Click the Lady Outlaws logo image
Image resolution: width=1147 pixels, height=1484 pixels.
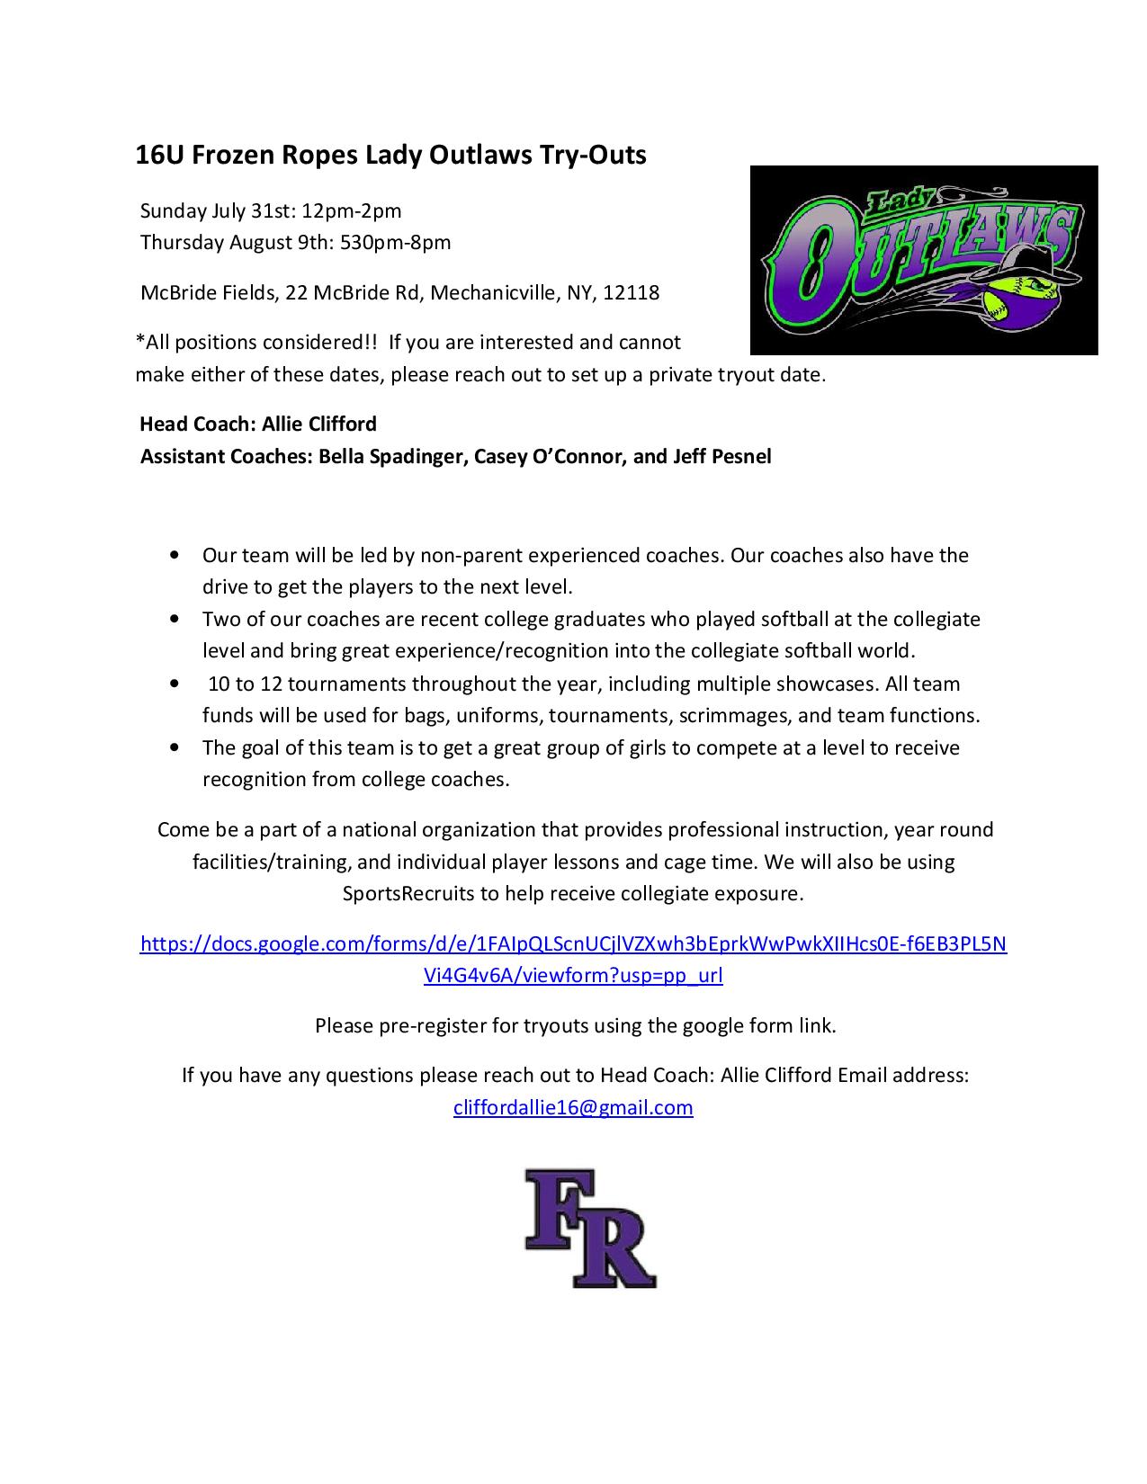923,260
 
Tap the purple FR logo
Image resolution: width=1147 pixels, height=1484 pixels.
590,1228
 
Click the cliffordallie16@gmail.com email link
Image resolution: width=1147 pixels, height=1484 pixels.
573,1107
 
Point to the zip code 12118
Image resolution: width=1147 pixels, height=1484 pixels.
632,292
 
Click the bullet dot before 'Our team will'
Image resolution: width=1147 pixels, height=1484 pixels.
174,556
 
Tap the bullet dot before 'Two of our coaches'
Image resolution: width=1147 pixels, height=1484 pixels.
174,620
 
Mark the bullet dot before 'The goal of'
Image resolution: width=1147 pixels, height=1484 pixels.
174,748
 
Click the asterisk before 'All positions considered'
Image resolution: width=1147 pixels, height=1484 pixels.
139,341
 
